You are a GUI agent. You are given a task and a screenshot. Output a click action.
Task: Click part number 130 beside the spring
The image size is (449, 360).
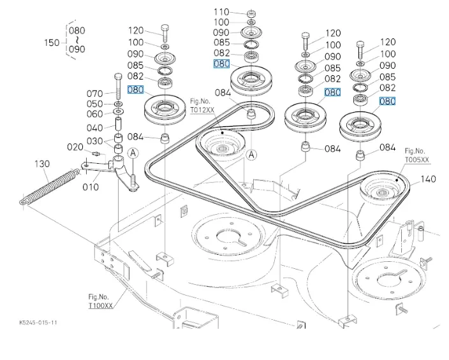(x=41, y=164)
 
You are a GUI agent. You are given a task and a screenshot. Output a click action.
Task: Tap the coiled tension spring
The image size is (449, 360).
(x=50, y=185)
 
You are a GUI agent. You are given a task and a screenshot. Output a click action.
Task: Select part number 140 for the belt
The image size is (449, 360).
(x=429, y=179)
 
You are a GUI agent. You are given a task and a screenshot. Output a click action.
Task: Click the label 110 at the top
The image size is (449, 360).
(x=221, y=12)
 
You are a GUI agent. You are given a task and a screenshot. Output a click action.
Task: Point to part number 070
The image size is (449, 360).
(x=95, y=94)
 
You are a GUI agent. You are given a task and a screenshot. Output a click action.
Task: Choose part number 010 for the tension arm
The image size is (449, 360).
(x=91, y=187)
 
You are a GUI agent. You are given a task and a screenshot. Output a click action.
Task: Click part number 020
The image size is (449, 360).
(x=75, y=147)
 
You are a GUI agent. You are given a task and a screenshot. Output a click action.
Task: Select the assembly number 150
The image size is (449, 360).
(x=52, y=43)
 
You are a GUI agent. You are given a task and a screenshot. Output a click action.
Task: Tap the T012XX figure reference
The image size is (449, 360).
(x=202, y=110)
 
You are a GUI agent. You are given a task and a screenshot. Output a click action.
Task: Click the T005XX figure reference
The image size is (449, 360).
(x=417, y=159)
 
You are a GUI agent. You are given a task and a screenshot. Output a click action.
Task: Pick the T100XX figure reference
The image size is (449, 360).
(x=101, y=306)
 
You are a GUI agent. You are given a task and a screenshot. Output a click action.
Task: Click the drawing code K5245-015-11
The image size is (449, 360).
(x=38, y=323)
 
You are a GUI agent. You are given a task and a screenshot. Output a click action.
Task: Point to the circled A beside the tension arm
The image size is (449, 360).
(x=133, y=153)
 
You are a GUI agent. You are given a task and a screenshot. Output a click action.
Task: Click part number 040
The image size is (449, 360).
(x=95, y=127)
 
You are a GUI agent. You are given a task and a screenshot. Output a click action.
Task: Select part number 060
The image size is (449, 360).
(x=95, y=114)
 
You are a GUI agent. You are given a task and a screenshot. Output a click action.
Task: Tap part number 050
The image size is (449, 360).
(x=95, y=104)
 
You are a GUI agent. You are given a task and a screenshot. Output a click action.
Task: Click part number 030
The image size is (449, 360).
(x=95, y=141)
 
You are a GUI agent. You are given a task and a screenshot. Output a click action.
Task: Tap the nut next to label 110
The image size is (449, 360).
(x=251, y=13)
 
